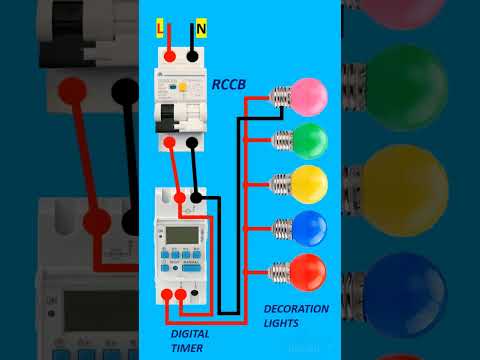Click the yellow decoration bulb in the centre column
[x=309, y=183]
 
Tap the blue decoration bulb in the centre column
[x=309, y=227]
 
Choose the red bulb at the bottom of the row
[x=309, y=271]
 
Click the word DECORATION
[x=296, y=309]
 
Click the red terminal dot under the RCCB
[x=171, y=143]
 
